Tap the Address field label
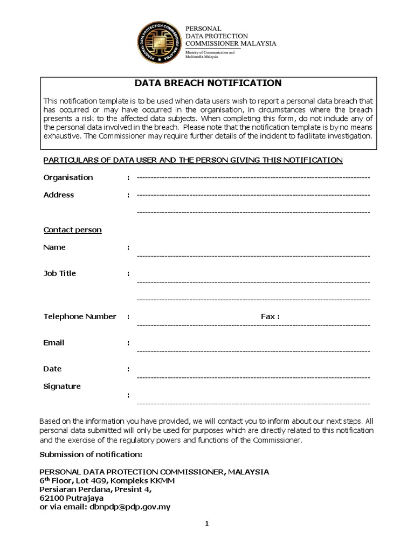click(x=59, y=195)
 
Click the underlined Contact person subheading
click(x=72, y=230)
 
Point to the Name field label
click(x=54, y=247)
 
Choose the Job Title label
click(x=59, y=273)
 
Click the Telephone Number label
click(x=80, y=316)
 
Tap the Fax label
click(x=270, y=316)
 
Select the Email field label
click(x=54, y=343)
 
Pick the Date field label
click(x=52, y=369)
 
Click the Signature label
click(x=62, y=386)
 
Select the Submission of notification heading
click(x=91, y=454)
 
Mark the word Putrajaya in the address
click(x=85, y=499)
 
